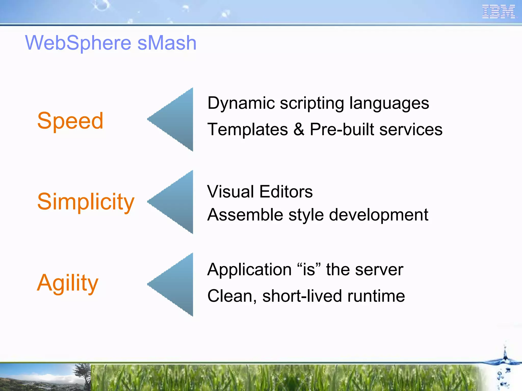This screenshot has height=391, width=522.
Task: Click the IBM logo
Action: [x=499, y=12]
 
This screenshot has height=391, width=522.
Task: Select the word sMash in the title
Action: [x=167, y=43]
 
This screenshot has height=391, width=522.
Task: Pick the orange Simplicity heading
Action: [x=86, y=202]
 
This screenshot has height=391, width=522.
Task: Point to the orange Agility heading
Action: [x=68, y=283]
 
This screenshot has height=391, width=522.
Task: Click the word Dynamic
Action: [x=241, y=103]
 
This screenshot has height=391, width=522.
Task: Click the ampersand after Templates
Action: [x=299, y=129]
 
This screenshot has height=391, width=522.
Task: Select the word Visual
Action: [x=231, y=191]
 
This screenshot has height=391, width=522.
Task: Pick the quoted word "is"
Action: [x=309, y=269]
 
